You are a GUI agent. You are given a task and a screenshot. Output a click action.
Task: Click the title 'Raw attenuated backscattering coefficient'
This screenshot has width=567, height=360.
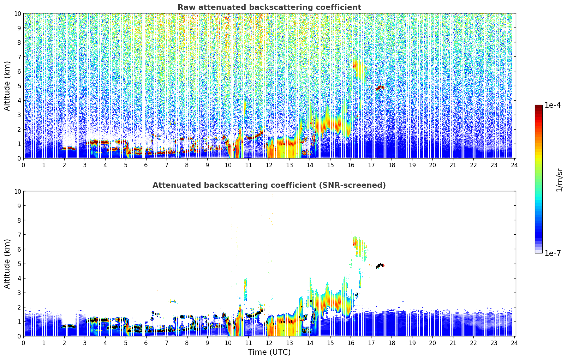point(269,7)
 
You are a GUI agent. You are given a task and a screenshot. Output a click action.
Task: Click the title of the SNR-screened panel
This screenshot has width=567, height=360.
point(269,185)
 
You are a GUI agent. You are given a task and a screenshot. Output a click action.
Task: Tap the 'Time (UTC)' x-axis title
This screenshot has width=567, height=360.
point(269,352)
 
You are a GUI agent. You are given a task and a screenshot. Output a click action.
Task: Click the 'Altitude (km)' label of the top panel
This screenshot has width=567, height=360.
point(7,86)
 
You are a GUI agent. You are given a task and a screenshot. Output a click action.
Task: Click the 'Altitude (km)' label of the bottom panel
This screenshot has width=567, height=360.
point(7,264)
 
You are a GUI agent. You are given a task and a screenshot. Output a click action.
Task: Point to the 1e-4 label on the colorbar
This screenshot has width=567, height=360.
point(553,105)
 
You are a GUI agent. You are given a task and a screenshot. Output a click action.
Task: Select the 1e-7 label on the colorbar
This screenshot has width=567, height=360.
point(553,253)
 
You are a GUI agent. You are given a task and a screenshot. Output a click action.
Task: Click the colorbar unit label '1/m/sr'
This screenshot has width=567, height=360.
point(559,179)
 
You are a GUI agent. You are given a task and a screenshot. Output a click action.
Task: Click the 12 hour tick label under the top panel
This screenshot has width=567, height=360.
point(269,165)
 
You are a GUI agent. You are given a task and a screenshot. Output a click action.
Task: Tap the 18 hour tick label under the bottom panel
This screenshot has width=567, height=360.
point(392,343)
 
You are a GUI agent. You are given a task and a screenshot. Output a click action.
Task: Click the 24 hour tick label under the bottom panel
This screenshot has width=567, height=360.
point(514,343)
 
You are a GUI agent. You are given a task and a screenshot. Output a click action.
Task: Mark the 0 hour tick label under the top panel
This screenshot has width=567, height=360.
point(24,165)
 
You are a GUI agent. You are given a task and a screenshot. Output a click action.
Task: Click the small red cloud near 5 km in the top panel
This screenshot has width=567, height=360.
point(380,87)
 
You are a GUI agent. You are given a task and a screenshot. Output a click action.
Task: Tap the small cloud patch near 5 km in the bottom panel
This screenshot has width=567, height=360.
point(380,265)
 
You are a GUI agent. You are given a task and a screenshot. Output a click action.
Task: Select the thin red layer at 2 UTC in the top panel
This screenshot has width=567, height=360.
point(68,148)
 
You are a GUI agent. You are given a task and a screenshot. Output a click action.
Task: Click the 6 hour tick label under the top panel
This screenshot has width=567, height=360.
point(146,165)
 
